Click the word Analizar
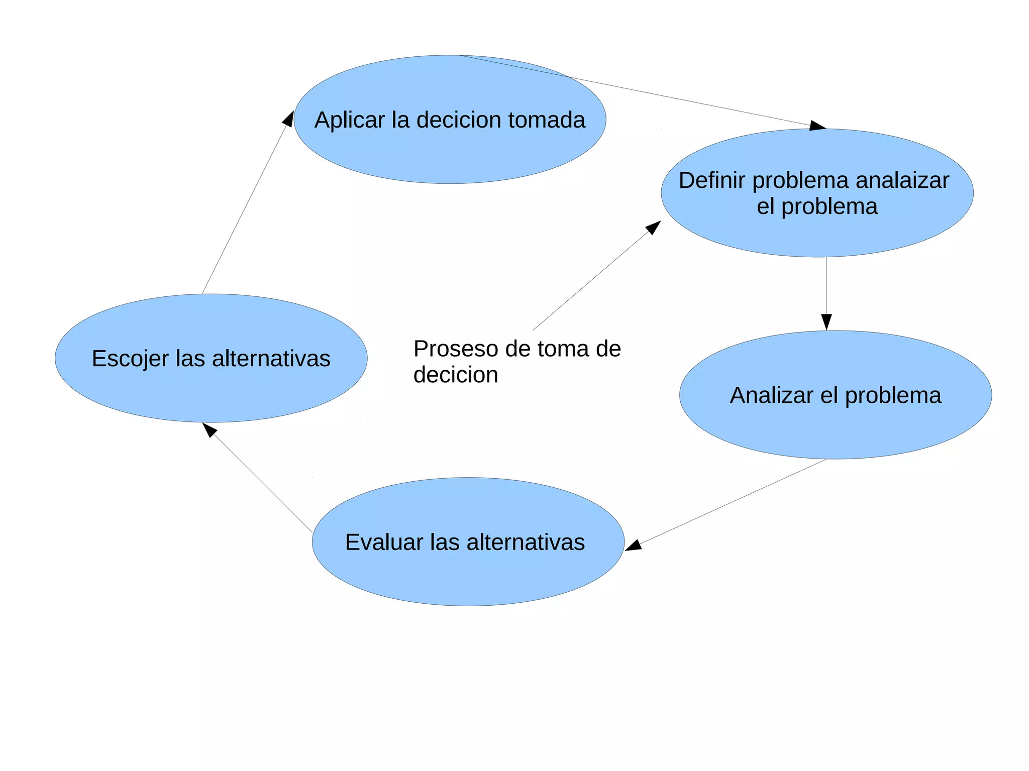point(771,395)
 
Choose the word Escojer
point(130,359)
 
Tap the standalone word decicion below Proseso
point(455,375)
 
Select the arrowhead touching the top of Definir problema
point(817,126)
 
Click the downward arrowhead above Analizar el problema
point(827,321)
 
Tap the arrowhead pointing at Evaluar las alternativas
point(633,545)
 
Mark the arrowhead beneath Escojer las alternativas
point(209,429)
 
